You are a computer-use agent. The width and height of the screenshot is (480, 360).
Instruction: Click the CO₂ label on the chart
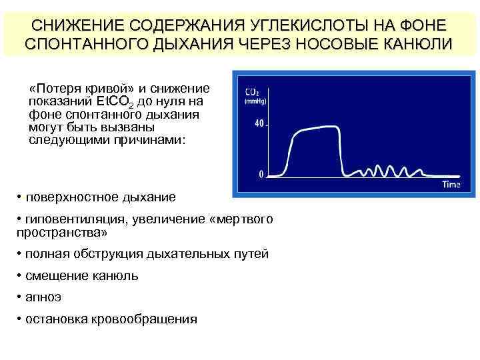point(253,91)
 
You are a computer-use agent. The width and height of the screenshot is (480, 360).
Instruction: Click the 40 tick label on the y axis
point(259,123)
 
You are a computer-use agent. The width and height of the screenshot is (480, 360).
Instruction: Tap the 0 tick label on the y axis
point(261,175)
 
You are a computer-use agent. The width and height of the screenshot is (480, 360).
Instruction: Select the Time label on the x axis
point(451,184)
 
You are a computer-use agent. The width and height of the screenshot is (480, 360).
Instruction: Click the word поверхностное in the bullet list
point(71,197)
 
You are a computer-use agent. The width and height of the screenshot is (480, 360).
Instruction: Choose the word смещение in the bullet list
point(54,276)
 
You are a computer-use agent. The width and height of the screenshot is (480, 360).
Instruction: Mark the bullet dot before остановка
point(19,319)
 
